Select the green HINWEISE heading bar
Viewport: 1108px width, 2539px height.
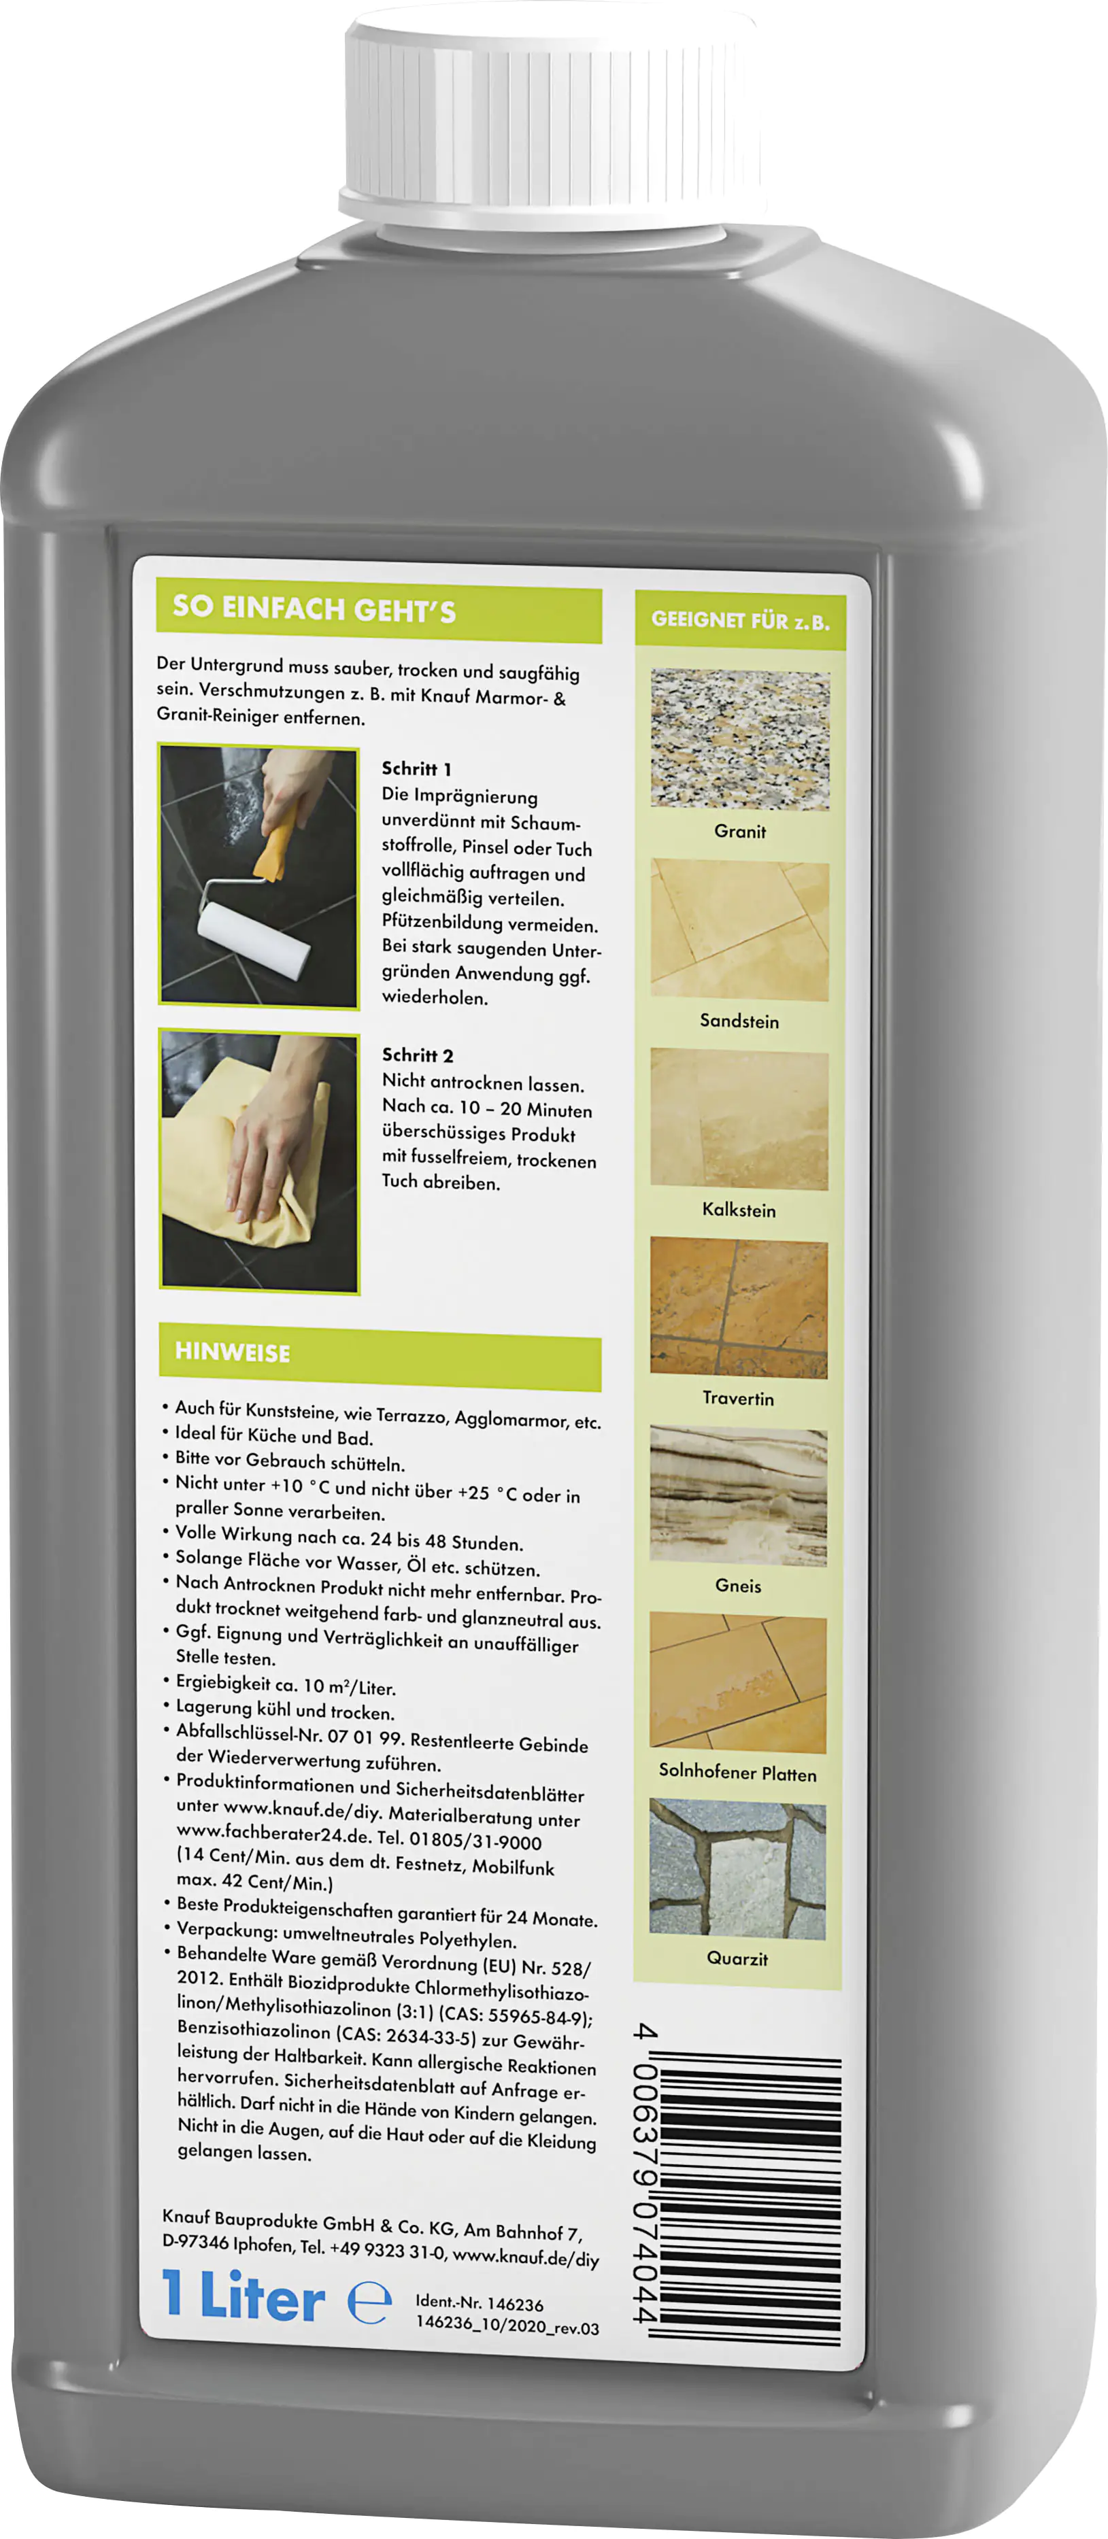click(380, 1357)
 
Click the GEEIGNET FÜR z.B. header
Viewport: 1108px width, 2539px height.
click(740, 620)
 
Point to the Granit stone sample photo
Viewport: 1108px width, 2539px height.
click(739, 739)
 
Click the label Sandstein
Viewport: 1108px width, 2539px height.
click(739, 1021)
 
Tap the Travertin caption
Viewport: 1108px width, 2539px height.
click(739, 1397)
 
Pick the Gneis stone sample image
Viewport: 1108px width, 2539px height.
click(739, 1495)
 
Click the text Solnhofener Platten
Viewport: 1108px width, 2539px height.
click(737, 1772)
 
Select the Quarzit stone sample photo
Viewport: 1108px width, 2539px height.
click(737, 1869)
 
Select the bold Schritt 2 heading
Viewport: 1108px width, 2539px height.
click(418, 1055)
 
